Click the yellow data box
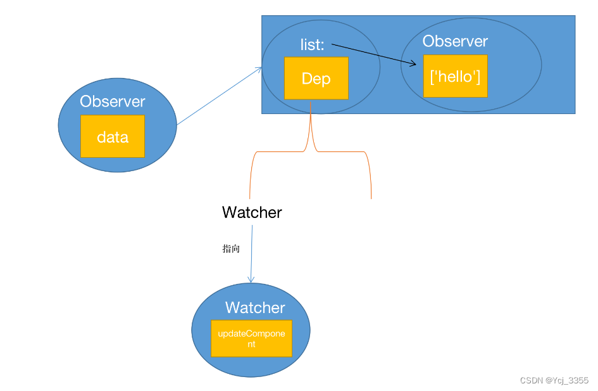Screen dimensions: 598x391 point(113,136)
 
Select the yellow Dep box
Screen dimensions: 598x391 point(316,79)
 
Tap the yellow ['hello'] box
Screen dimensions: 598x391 point(456,76)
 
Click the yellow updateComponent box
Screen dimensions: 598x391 point(251,338)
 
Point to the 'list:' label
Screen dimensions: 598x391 point(312,44)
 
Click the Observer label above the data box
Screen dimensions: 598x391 point(113,101)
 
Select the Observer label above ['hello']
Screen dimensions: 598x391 point(455,41)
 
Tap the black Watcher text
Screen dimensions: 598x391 point(252,212)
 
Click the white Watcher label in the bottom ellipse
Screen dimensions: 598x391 point(255,307)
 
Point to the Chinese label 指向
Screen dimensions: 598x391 point(231,249)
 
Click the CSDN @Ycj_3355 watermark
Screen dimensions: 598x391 point(554,380)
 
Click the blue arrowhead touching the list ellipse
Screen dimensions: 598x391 point(259,70)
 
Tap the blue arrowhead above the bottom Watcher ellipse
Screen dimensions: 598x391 point(251,279)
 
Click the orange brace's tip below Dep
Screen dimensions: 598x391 point(311,103)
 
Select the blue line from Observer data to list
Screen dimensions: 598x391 point(220,96)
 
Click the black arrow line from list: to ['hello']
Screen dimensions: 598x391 point(374,54)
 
